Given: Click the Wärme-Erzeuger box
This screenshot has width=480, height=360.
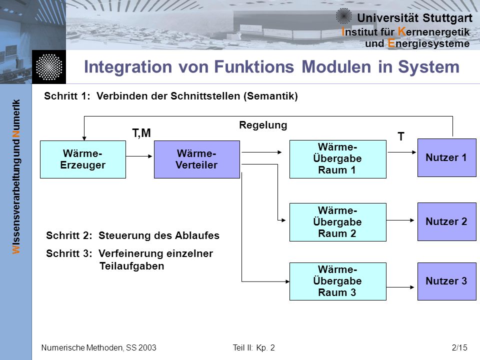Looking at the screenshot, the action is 83,159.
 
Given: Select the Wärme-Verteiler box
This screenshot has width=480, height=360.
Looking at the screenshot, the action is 197,159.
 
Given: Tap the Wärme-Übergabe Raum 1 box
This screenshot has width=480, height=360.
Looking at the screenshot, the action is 337,159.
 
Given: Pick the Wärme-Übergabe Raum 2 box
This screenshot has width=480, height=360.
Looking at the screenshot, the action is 337,222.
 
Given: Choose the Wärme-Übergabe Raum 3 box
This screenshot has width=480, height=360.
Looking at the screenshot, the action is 337,281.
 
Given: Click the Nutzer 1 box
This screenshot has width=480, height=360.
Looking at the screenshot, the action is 446,157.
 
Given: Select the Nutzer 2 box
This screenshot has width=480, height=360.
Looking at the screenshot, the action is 446,221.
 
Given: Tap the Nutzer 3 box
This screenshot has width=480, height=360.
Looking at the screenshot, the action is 446,281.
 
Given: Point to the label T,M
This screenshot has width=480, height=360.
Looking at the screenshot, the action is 141,133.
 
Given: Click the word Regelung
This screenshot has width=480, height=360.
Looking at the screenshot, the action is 263,125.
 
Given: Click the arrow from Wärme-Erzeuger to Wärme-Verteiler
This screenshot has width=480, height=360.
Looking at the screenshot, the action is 139,156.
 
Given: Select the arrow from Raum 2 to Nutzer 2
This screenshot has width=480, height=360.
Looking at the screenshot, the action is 400,220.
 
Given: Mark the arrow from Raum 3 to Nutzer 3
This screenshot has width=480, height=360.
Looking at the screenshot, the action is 400,287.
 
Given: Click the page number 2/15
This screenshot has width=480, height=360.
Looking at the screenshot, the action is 459,348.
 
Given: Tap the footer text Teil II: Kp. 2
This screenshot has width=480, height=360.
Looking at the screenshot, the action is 254,348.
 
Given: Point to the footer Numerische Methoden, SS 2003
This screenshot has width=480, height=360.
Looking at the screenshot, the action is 98,348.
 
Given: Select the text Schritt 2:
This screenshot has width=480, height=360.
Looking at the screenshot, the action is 69,235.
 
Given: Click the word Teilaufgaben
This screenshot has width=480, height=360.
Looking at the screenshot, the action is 131,266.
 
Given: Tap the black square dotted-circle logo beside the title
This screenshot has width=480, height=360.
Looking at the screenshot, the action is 49,67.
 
